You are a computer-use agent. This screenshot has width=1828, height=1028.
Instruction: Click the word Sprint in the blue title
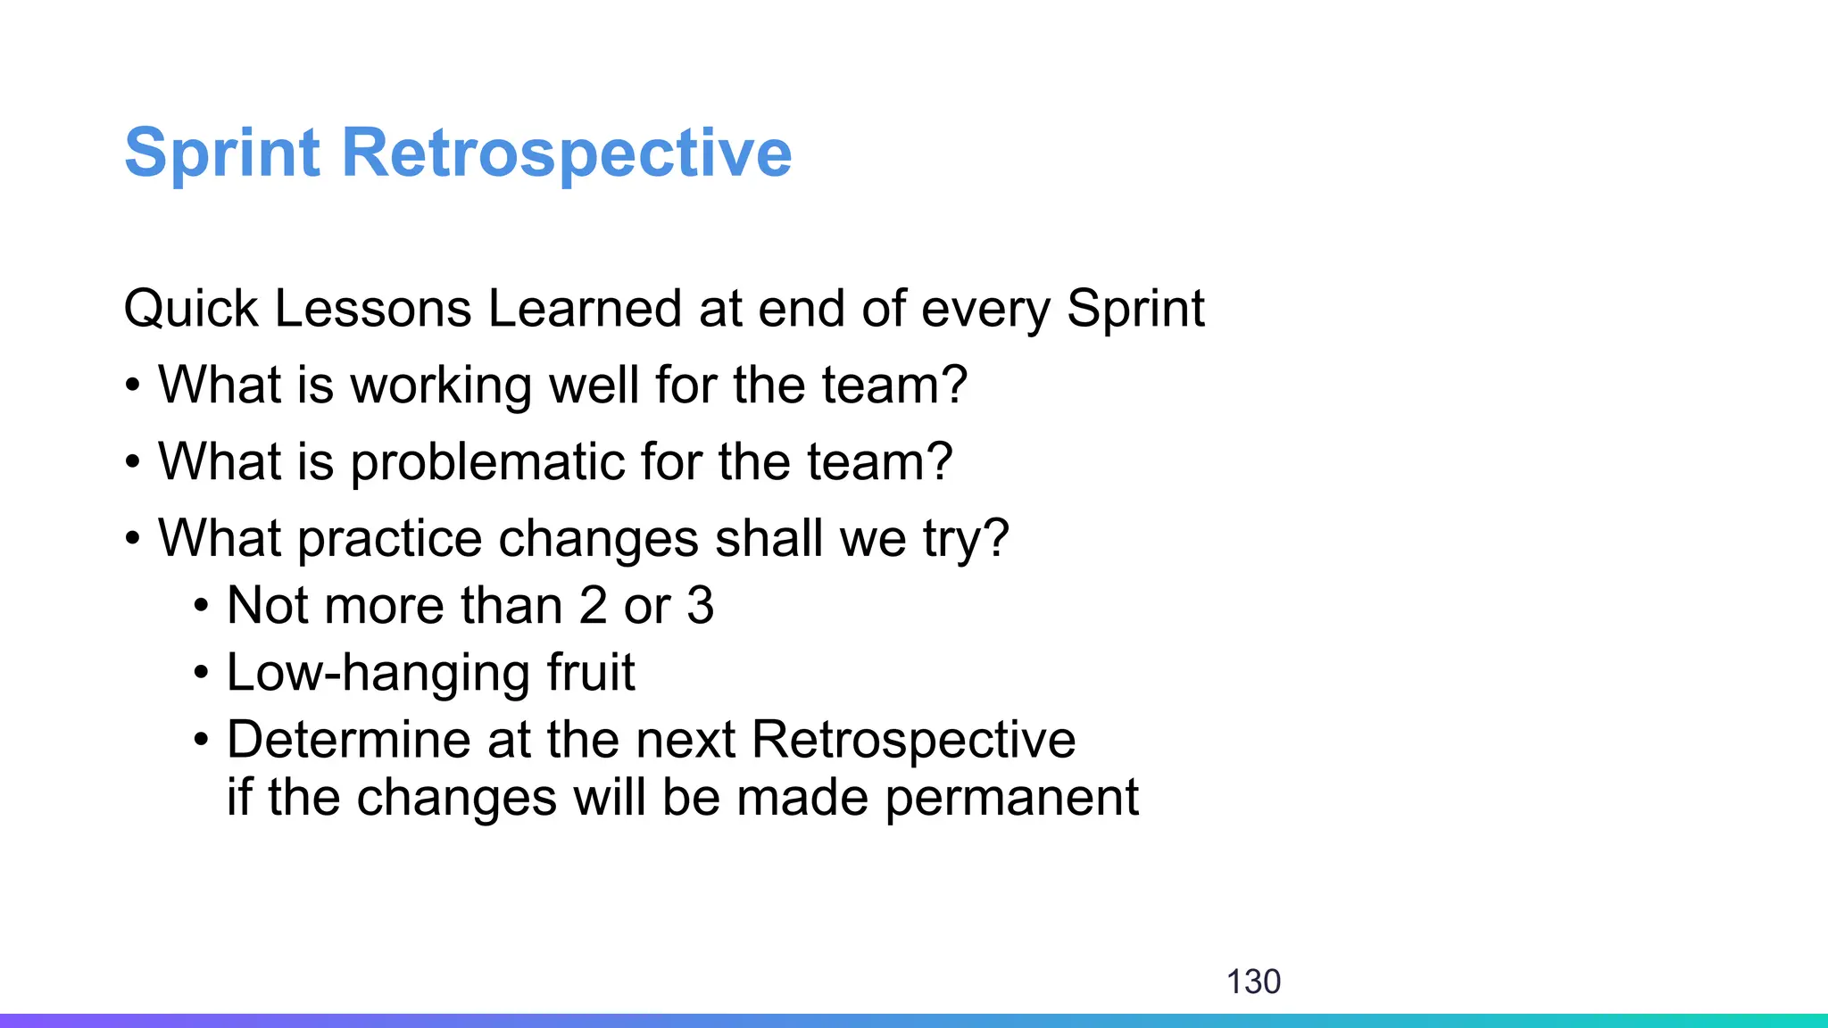[221, 153]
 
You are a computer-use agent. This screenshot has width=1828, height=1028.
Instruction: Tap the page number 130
[1253, 982]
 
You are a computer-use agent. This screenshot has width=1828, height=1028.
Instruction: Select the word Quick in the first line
[191, 310]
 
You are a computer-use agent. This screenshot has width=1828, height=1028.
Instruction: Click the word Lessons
[372, 310]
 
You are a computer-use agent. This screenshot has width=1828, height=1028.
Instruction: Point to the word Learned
[585, 310]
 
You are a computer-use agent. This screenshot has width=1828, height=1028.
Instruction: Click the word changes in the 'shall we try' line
[598, 540]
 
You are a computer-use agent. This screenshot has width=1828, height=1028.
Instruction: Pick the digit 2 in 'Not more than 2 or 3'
[593, 606]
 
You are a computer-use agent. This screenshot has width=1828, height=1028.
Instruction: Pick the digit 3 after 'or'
[701, 606]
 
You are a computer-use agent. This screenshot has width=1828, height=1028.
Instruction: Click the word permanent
[1011, 799]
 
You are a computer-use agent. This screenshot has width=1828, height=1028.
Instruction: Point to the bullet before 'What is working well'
[133, 387]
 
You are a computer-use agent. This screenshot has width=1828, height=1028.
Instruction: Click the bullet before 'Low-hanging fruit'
[202, 674]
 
